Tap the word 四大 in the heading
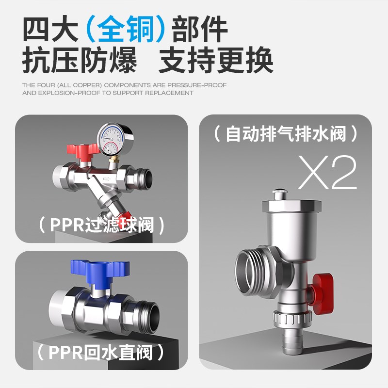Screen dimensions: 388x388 pos(51,30)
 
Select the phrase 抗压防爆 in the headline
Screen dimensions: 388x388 pos(80,62)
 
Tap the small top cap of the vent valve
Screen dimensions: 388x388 pos(283,194)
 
